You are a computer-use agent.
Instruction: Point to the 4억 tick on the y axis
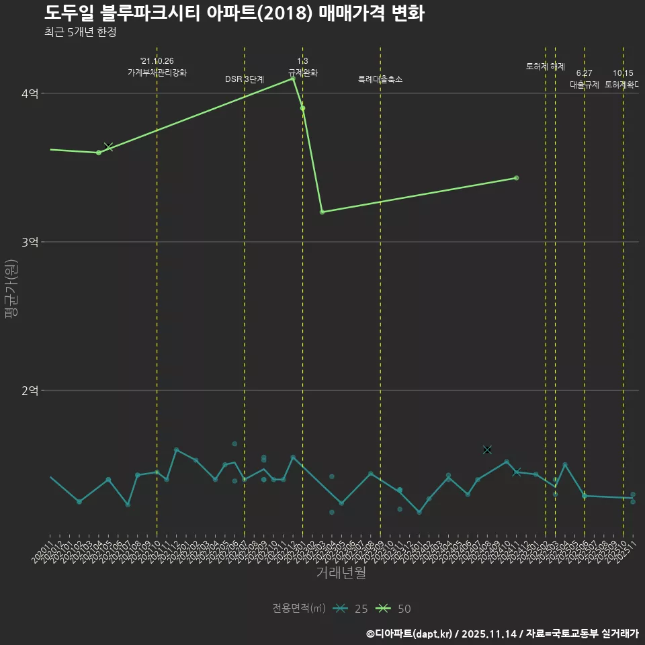[x=29, y=93]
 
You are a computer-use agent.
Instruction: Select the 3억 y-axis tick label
[x=29, y=242]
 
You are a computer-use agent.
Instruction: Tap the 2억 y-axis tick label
[x=29, y=390]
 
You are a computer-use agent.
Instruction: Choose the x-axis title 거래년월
[x=341, y=573]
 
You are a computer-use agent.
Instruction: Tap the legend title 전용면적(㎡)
[x=299, y=609]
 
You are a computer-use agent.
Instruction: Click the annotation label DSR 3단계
[x=245, y=79]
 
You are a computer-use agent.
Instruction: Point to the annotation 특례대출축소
[x=380, y=79]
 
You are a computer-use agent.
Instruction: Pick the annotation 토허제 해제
[x=546, y=67]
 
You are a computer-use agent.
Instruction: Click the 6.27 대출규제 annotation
[x=585, y=79]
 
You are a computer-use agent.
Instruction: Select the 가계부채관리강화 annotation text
[x=157, y=73]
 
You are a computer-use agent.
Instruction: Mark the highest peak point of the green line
[x=293, y=79]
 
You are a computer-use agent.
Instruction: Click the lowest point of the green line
[x=322, y=212]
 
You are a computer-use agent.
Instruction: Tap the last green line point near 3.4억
[x=516, y=178]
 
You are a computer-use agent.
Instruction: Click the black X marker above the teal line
[x=487, y=449]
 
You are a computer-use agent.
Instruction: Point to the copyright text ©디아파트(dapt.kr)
[x=410, y=634]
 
